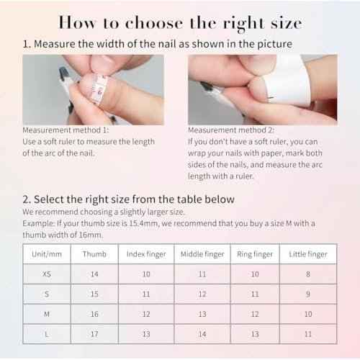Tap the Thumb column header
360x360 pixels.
tap(94, 254)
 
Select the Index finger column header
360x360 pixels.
tap(146, 254)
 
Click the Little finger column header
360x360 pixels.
tap(307, 254)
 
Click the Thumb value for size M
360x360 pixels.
tap(94, 314)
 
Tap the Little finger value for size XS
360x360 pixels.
tap(307, 274)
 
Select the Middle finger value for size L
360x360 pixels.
tap(202, 334)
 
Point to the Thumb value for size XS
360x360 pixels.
tap(94, 274)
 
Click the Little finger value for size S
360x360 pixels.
tap(307, 294)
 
